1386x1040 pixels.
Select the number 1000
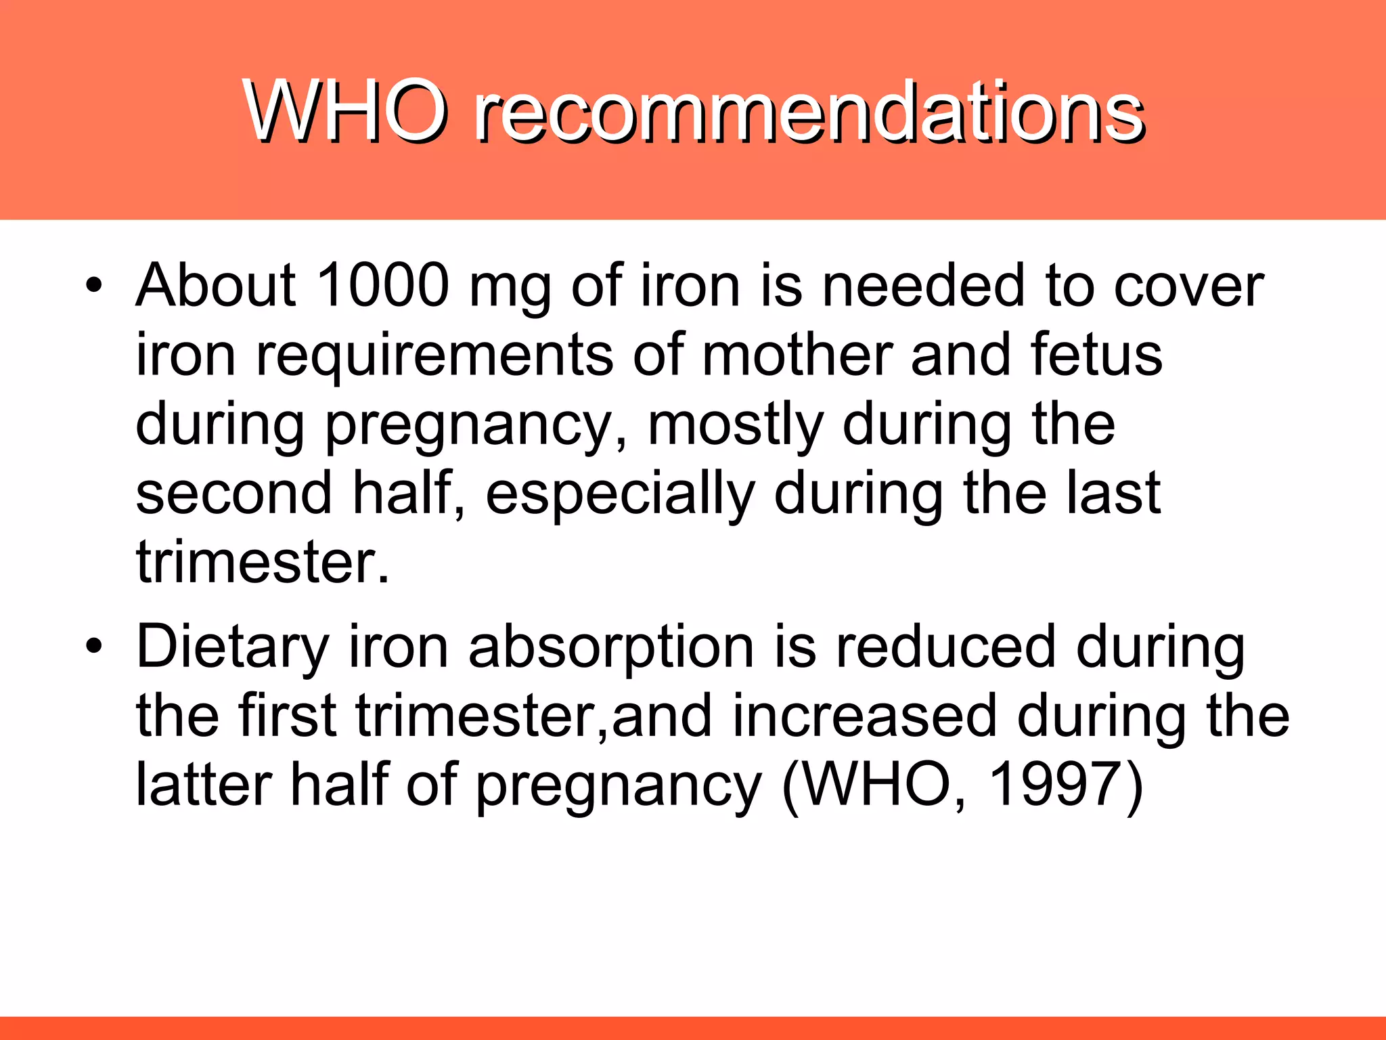point(382,285)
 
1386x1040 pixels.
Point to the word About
point(216,285)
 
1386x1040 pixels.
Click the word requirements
point(434,356)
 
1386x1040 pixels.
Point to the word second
point(234,494)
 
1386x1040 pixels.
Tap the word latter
point(203,785)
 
